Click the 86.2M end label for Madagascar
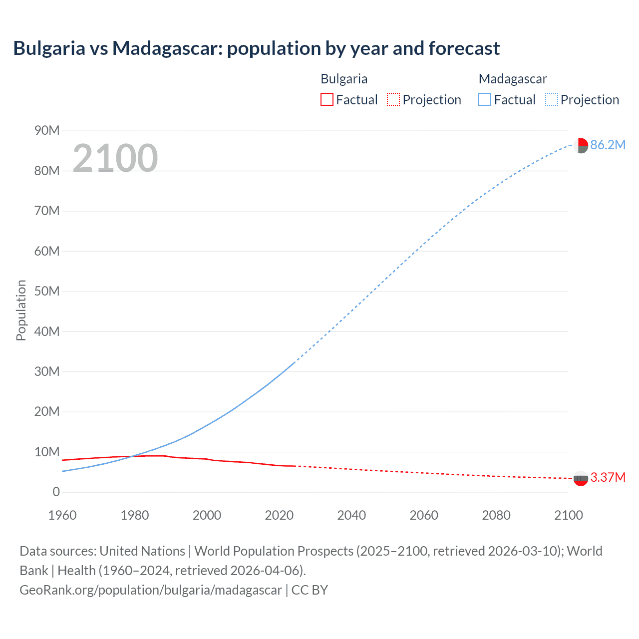pyautogui.click(x=608, y=145)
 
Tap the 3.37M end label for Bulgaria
pyautogui.click(x=608, y=478)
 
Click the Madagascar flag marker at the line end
pyautogui.click(x=581, y=145)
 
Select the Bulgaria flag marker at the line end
pyautogui.click(x=581, y=478)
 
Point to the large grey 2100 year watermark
pyautogui.click(x=115, y=158)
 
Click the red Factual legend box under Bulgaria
pyautogui.click(x=326, y=99)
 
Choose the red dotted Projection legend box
pyautogui.click(x=393, y=99)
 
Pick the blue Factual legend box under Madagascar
pyautogui.click(x=484, y=99)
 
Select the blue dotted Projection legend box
pyautogui.click(x=551, y=99)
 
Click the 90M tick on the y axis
pyautogui.click(x=47, y=131)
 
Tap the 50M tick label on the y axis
pyautogui.click(x=47, y=292)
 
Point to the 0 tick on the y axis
pyautogui.click(x=56, y=492)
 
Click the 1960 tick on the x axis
pyautogui.click(x=62, y=515)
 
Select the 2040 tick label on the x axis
pyautogui.click(x=351, y=515)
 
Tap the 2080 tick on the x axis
pyautogui.click(x=496, y=515)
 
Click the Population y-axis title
pyautogui.click(x=21, y=310)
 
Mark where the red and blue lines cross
pyautogui.click(x=132, y=456)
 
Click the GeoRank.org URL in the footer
pyautogui.click(x=151, y=590)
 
